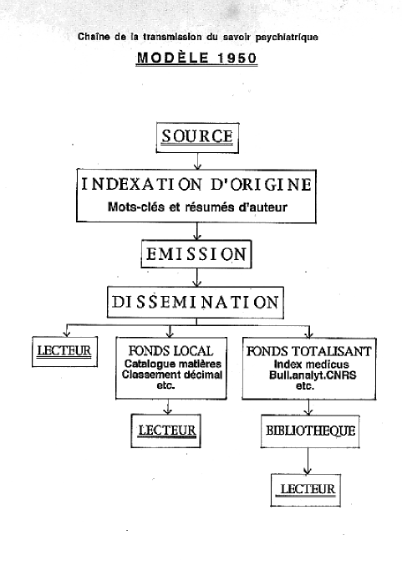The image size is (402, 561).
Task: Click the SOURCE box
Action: [197, 138]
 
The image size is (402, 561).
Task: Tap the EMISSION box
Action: [196, 254]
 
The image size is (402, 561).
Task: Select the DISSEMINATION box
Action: [196, 303]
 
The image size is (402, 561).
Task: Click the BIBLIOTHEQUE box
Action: [310, 431]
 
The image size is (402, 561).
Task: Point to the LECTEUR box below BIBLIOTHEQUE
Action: [305, 490]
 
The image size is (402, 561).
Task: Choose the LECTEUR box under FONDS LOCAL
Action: [166, 431]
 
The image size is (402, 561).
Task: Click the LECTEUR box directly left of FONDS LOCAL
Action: [64, 351]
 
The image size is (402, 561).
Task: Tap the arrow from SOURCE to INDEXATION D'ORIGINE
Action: [197, 161]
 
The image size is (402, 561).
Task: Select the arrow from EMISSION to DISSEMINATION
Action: [196, 278]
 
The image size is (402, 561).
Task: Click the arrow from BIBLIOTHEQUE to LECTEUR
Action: [308, 461]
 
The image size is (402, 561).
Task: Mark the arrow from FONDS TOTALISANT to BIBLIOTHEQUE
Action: [308, 407]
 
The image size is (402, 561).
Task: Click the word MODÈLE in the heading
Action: [173, 57]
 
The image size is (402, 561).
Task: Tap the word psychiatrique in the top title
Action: [287, 38]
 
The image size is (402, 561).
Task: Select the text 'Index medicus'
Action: [311, 365]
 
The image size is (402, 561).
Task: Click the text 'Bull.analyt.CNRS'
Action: [313, 375]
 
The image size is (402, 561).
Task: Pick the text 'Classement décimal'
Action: [171, 375]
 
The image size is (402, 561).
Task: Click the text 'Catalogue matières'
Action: [173, 364]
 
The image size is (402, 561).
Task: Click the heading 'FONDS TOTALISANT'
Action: [309, 351]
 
